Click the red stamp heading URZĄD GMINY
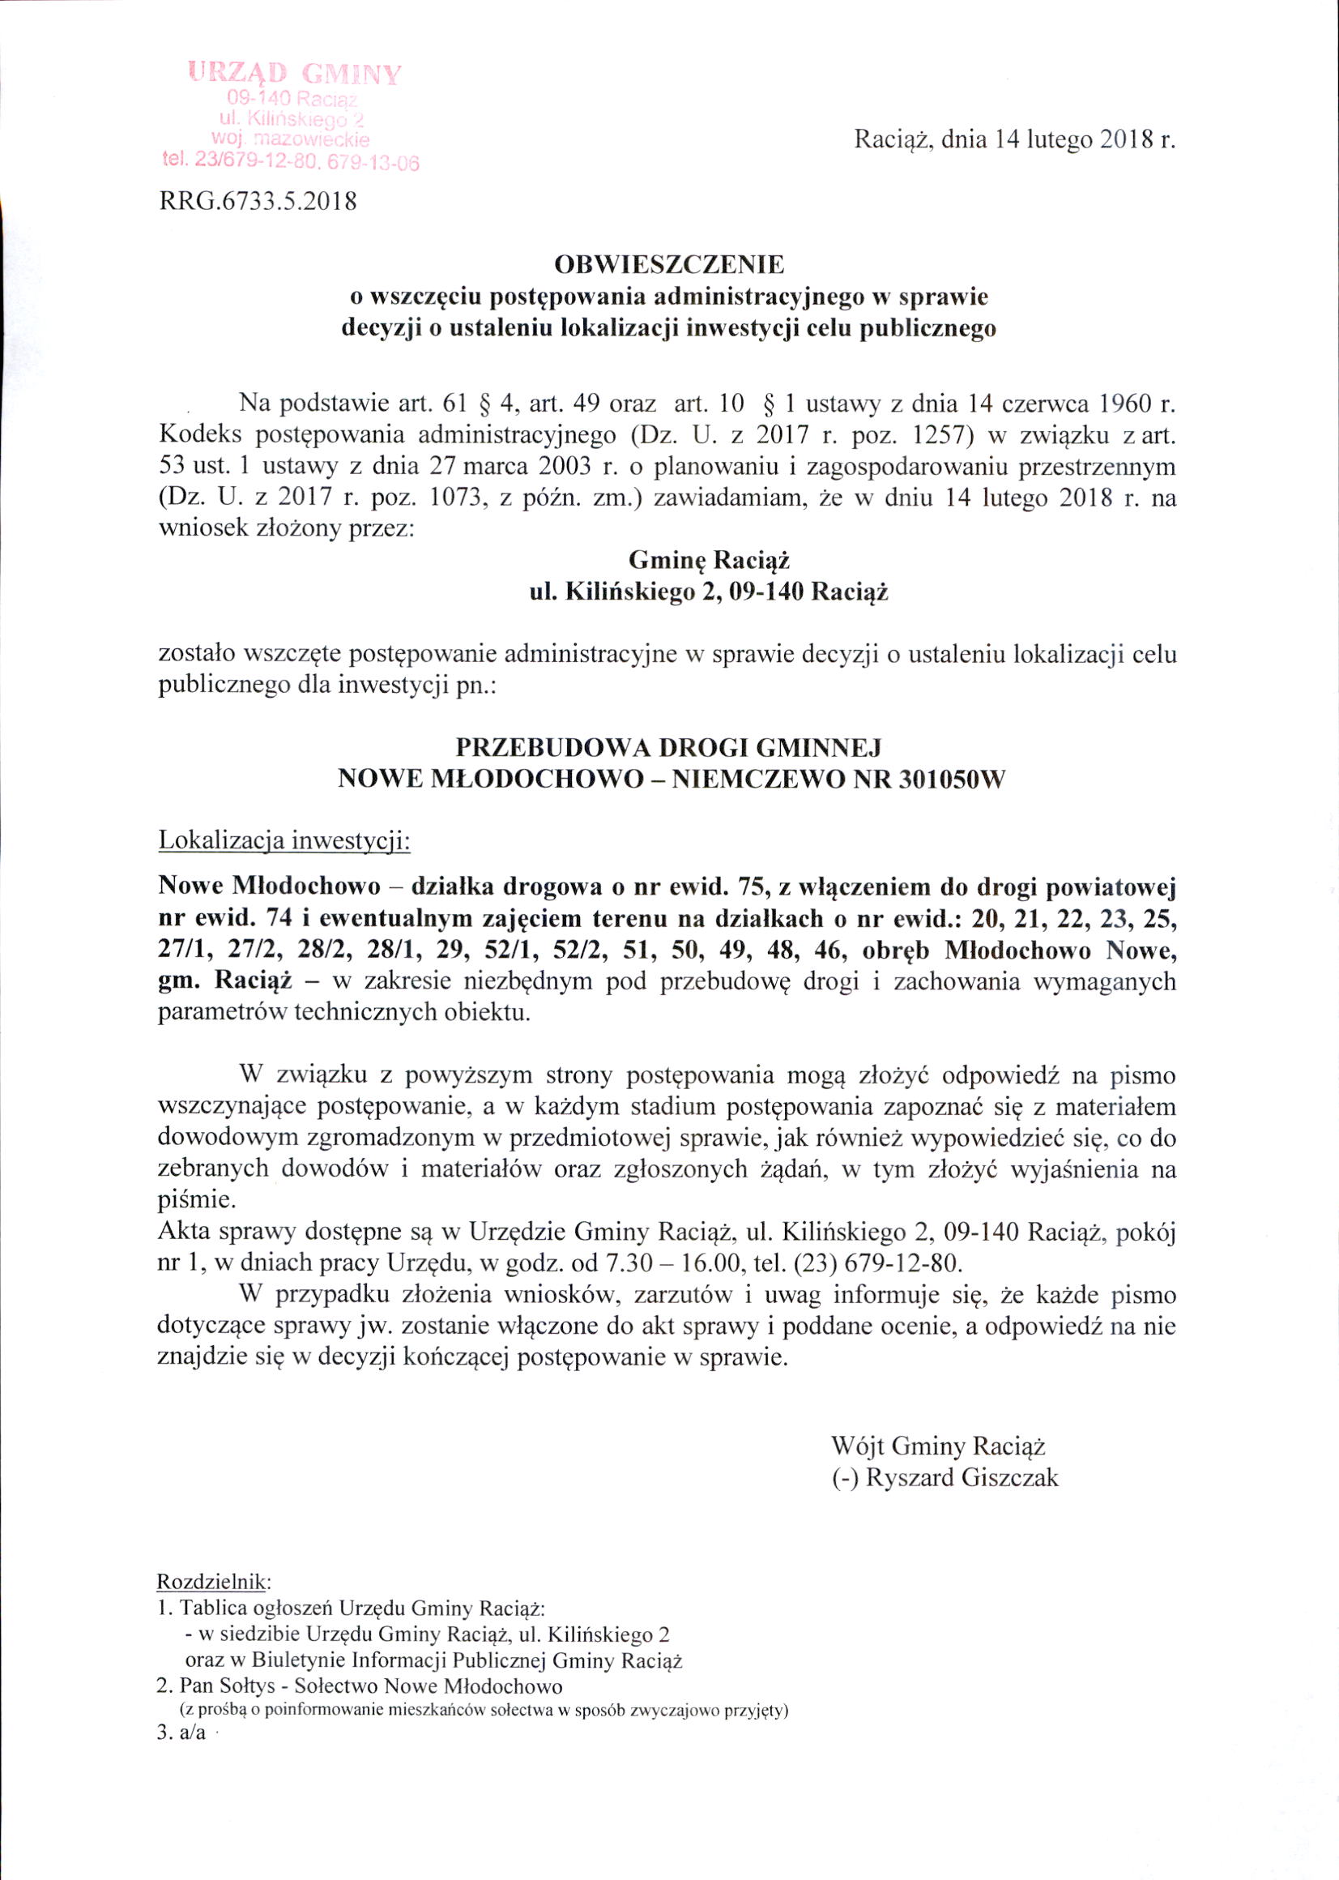click(x=295, y=75)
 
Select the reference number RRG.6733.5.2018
click(x=258, y=203)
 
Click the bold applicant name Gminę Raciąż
click(x=710, y=562)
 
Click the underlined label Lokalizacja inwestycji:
click(x=284, y=842)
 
